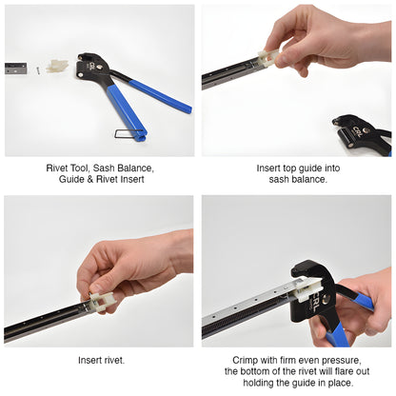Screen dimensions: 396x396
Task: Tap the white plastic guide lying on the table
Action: pyautogui.click(x=58, y=66)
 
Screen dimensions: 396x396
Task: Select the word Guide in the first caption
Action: pyautogui.click(x=72, y=180)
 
